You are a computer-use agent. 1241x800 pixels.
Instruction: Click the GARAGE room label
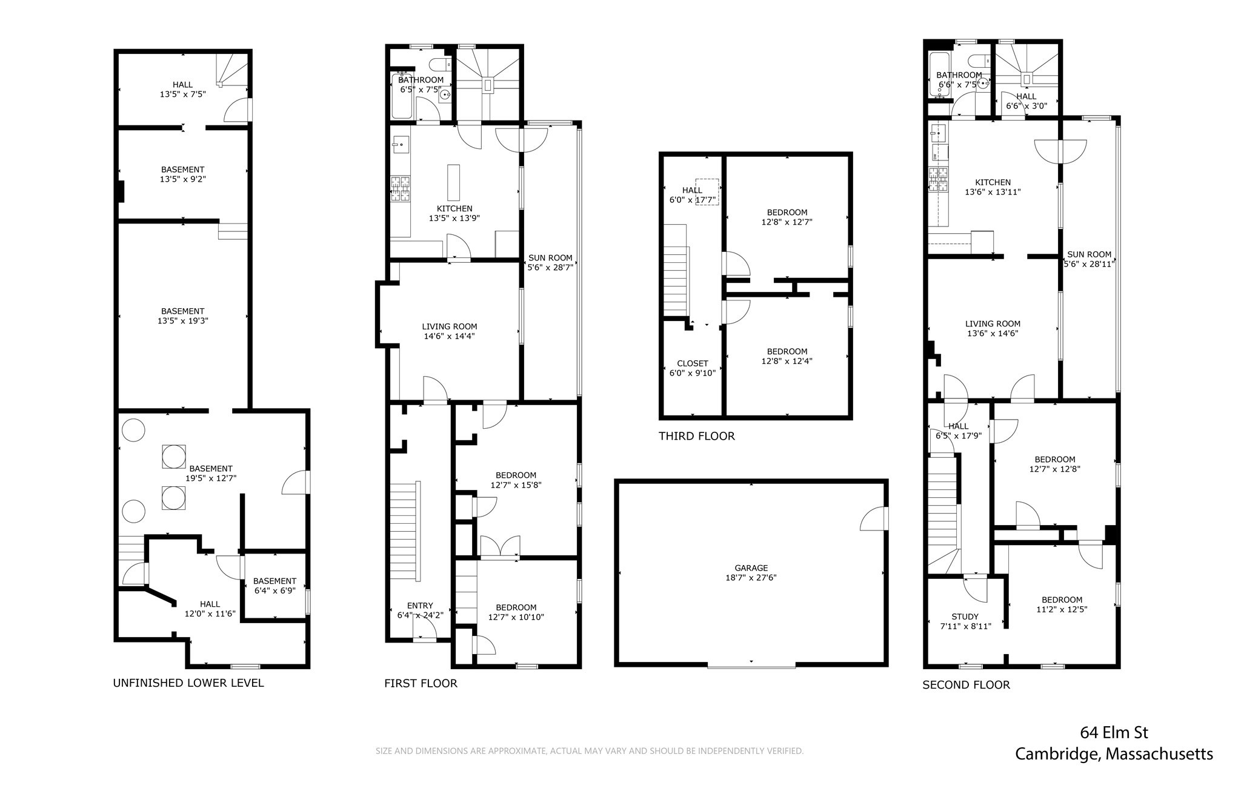point(751,567)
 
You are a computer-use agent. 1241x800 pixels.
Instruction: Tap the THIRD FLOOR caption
point(696,436)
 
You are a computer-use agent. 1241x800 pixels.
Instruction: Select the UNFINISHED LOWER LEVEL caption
point(188,683)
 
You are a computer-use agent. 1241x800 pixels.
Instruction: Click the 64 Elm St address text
point(1114,733)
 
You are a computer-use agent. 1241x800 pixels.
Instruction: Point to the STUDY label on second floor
point(965,617)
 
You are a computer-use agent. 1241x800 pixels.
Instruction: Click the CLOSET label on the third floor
point(692,363)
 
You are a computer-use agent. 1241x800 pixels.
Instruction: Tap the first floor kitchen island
point(453,182)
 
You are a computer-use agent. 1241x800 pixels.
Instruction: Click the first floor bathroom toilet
point(441,64)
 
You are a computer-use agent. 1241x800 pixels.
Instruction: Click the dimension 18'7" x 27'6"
point(751,578)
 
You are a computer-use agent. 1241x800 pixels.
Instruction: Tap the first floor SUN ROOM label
point(550,257)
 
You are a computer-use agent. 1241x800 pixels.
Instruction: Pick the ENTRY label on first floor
point(420,606)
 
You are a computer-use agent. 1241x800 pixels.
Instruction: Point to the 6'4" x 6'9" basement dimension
point(274,590)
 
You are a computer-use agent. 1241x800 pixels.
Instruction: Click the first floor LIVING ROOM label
point(449,326)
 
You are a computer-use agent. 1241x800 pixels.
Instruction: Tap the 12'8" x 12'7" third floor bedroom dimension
point(787,222)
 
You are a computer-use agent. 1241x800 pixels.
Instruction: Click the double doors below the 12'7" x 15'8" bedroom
point(500,546)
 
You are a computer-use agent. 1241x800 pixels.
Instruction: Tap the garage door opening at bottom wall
point(751,666)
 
